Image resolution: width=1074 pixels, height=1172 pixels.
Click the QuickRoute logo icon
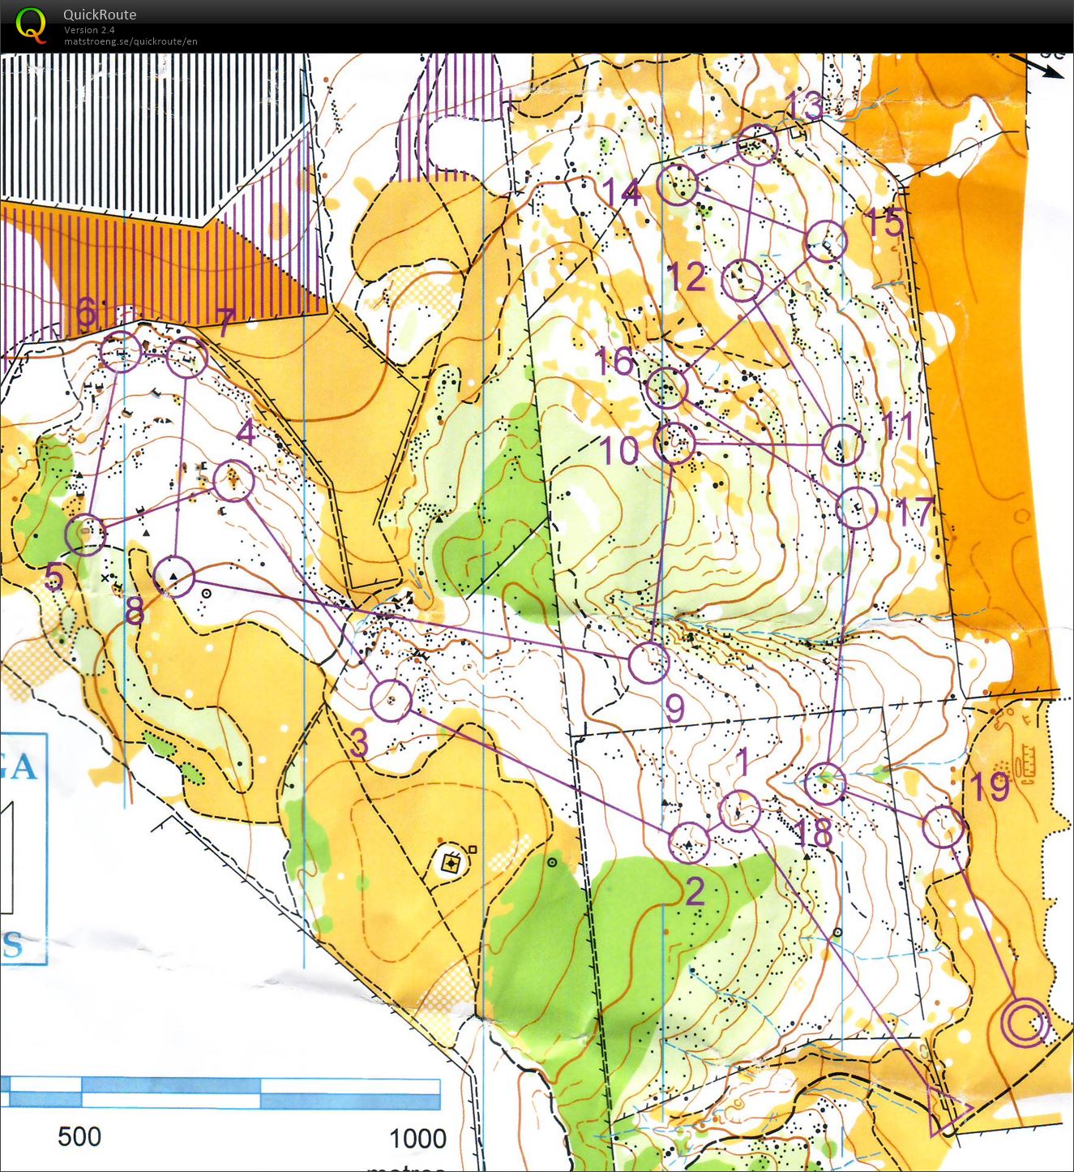pos(31,24)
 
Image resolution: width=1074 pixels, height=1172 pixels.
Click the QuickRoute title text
pos(100,15)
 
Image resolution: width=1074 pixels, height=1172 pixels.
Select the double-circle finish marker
pos(1025,1023)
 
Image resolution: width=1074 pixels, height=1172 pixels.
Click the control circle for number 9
pos(648,662)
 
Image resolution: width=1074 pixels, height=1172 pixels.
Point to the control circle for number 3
pos(391,700)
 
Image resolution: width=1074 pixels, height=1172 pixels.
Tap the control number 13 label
pos(803,105)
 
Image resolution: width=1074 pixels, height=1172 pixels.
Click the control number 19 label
pos(990,787)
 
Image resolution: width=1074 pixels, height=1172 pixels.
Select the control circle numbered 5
pos(85,534)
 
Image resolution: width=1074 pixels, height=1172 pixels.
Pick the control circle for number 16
pos(667,387)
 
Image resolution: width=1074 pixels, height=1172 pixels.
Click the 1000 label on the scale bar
pos(417,1138)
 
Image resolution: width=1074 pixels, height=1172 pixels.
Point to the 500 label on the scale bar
pos(79,1136)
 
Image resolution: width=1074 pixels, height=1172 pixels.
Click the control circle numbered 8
pos(174,577)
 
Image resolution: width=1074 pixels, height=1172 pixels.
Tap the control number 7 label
pos(225,322)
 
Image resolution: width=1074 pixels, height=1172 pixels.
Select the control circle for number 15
pos(826,241)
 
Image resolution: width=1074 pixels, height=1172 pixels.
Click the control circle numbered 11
pos(842,444)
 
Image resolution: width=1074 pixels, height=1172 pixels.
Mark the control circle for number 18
pos(826,783)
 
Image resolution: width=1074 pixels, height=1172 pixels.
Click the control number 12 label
pos(686,277)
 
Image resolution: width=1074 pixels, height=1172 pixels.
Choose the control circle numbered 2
pos(689,842)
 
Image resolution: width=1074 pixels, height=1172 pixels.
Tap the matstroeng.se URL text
pos(131,41)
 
